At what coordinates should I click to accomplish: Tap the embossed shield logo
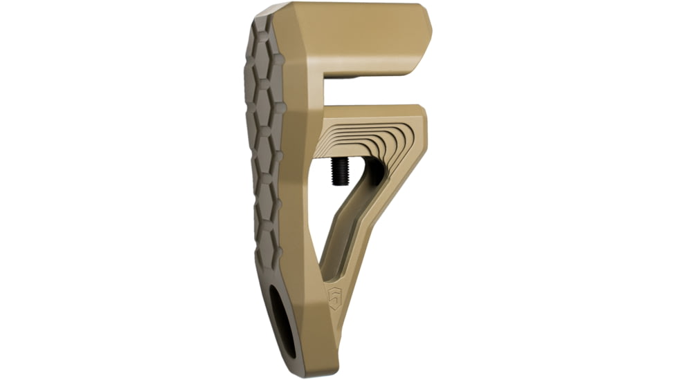pos(335,299)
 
